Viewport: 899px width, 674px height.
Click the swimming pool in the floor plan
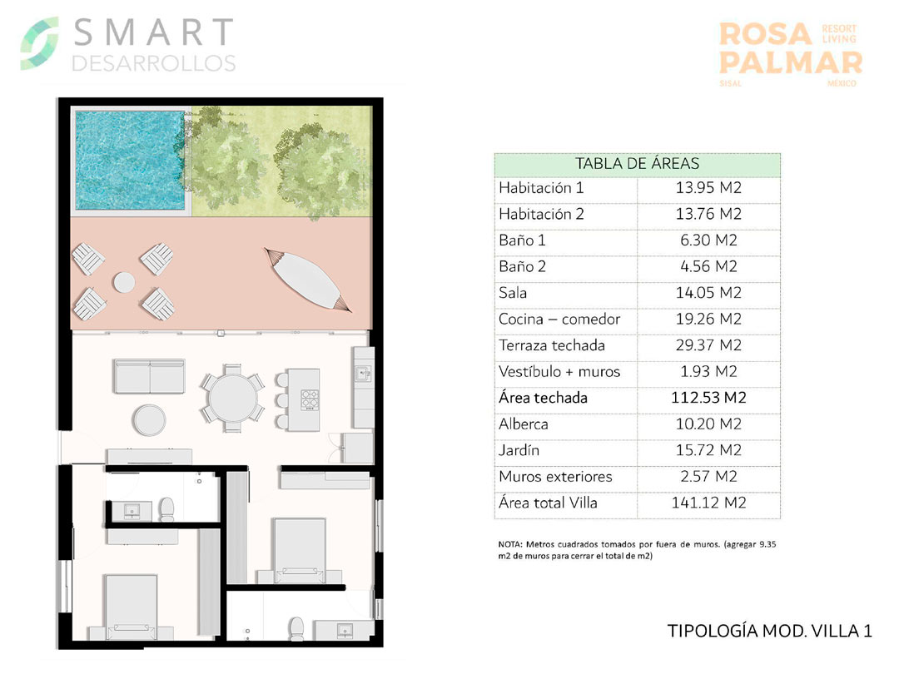(x=131, y=161)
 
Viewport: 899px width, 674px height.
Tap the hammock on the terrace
(x=308, y=280)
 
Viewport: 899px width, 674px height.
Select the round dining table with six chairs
(x=232, y=398)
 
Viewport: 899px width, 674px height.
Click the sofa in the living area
(x=150, y=376)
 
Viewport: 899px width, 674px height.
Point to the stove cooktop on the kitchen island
(x=310, y=399)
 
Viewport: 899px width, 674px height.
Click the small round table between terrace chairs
(x=124, y=282)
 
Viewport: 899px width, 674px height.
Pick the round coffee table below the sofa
(x=149, y=420)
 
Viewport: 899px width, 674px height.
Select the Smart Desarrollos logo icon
(x=40, y=43)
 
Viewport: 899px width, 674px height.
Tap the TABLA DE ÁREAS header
(x=637, y=164)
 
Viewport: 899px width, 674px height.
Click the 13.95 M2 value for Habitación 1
(x=708, y=188)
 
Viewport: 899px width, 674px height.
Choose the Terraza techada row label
(x=552, y=345)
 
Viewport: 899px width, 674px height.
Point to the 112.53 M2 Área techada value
(x=708, y=398)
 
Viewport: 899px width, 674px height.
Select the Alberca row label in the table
(x=524, y=424)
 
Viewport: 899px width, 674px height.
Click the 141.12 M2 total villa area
(x=708, y=503)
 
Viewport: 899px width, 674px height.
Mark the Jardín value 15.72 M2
(x=708, y=450)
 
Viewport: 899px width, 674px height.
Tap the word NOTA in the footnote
(x=509, y=544)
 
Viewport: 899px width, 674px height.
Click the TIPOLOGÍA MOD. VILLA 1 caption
(x=769, y=631)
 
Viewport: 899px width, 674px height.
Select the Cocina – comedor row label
(x=559, y=320)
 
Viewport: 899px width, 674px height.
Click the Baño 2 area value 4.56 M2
(x=708, y=266)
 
